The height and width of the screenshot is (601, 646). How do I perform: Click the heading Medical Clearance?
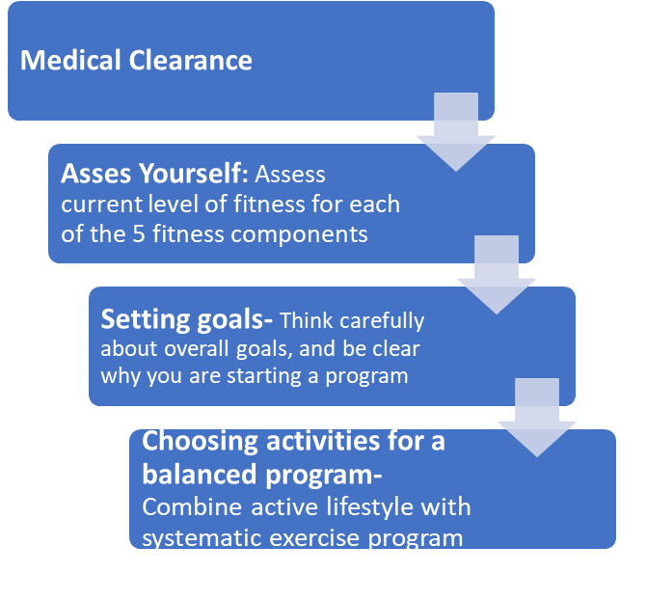136,61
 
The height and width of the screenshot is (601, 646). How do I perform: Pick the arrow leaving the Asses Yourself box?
497,274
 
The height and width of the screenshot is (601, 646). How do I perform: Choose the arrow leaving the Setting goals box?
537,417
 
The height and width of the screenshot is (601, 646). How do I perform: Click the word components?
310,233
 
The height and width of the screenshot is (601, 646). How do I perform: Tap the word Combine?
184,507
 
